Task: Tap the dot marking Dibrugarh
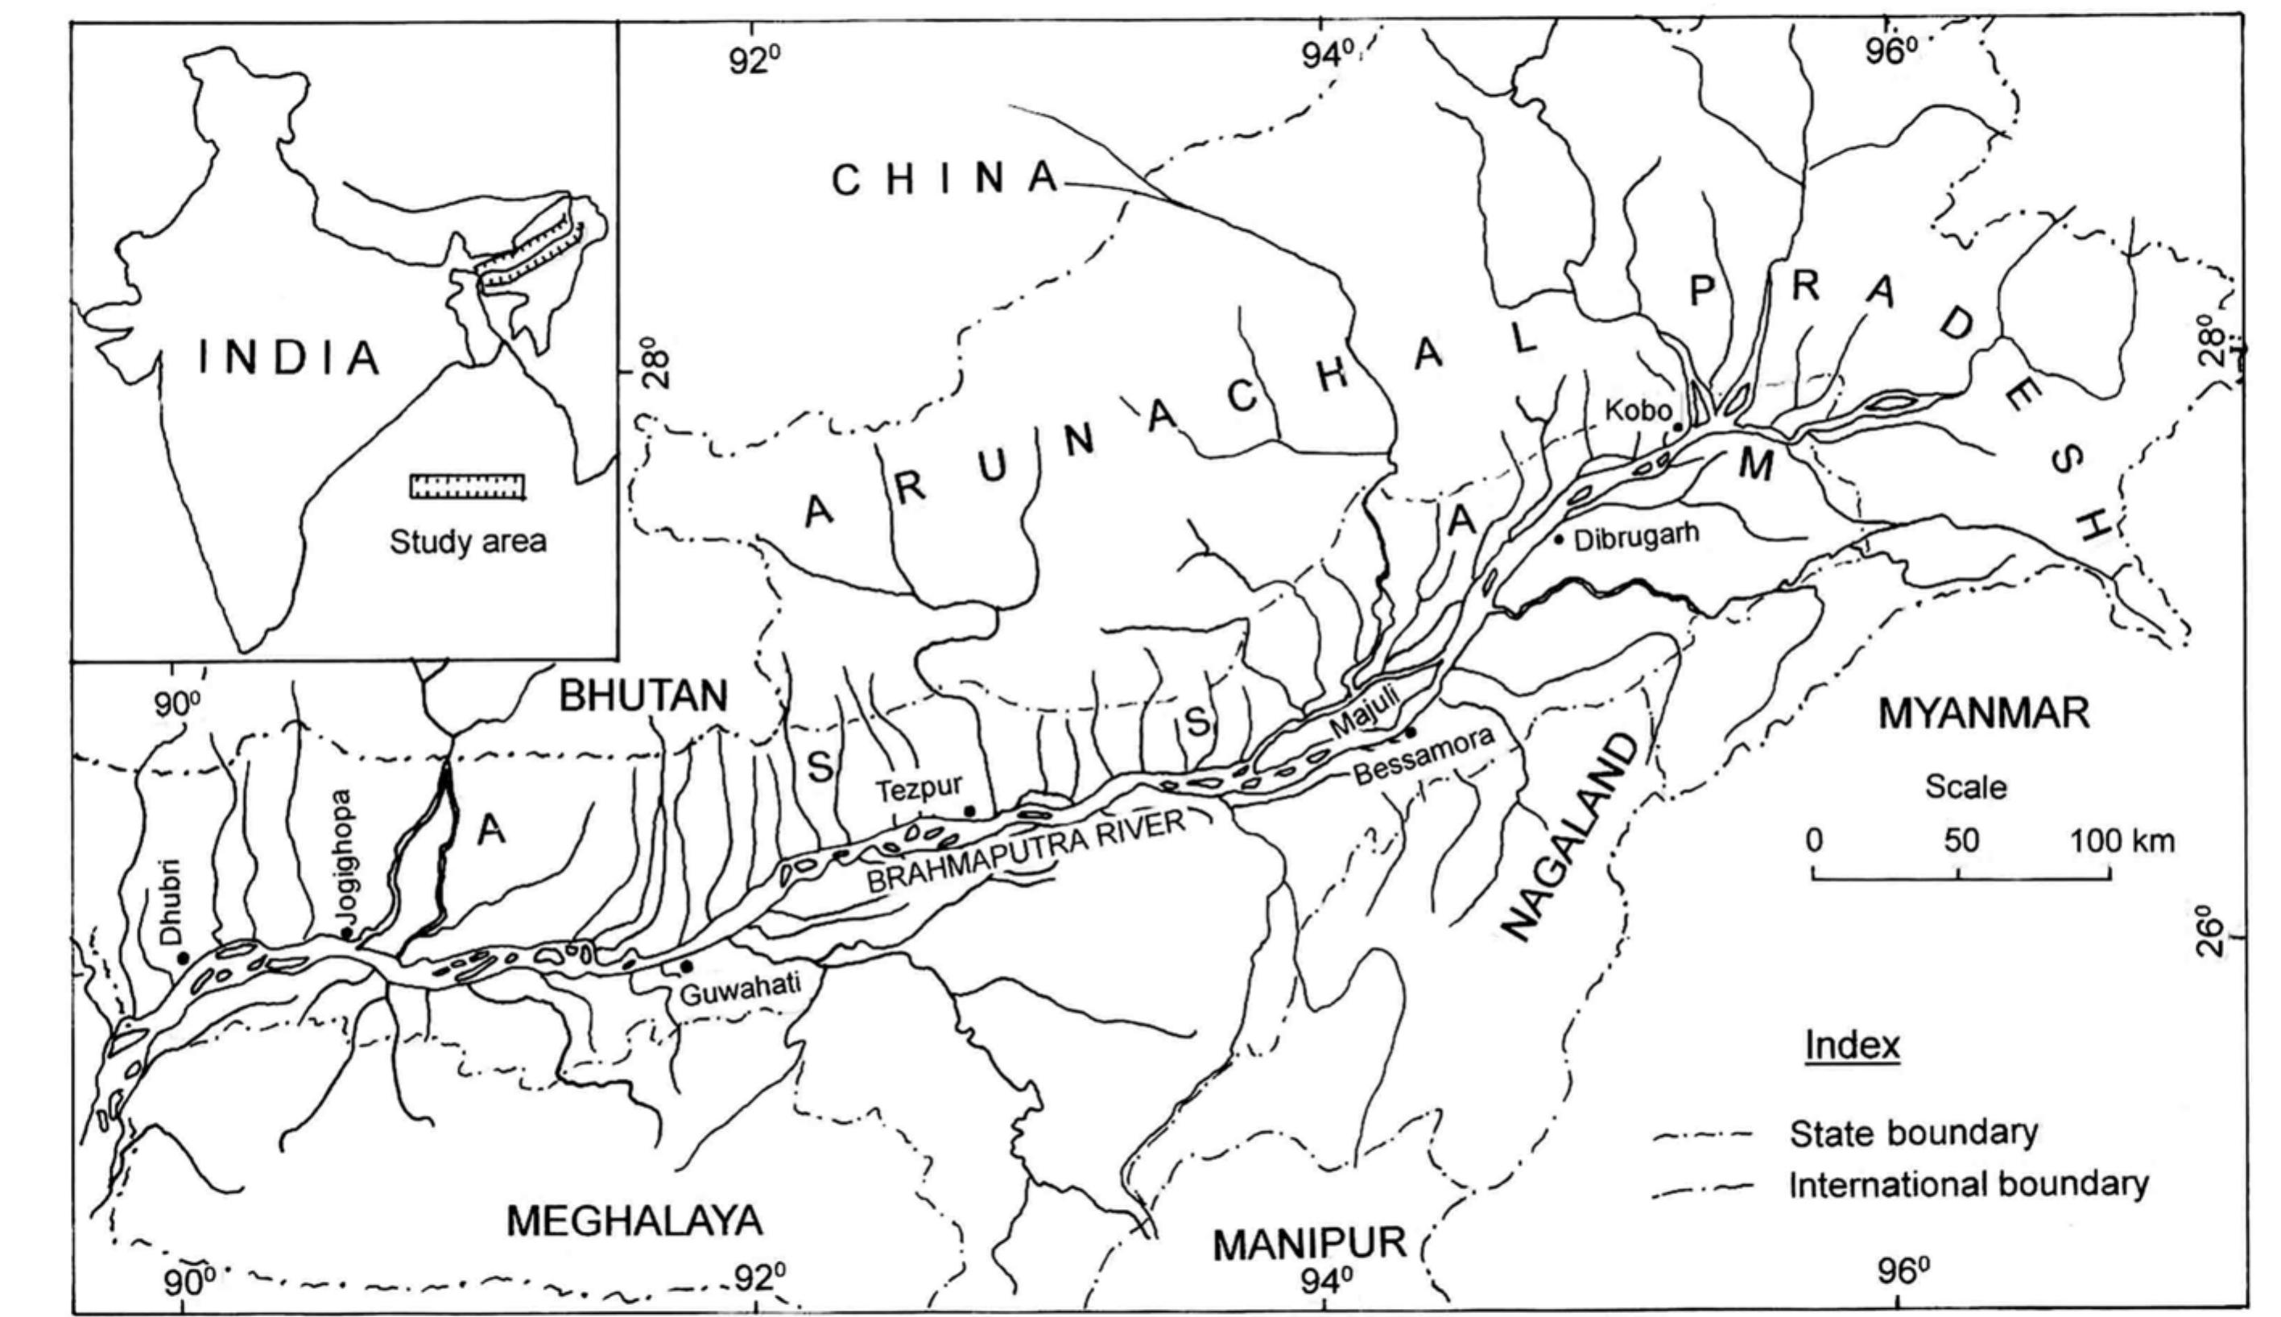tap(1558, 540)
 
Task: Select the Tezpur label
tap(918, 789)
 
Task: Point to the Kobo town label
tap(1638, 411)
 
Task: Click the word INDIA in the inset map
tap(288, 358)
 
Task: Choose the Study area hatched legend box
tap(468, 485)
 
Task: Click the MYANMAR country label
tap(1983, 714)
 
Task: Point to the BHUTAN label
tap(644, 696)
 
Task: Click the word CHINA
tap(945, 180)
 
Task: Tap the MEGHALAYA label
tap(634, 1221)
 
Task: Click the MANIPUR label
tap(1308, 1245)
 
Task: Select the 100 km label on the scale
tap(2122, 841)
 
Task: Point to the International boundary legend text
tap(1968, 1184)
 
